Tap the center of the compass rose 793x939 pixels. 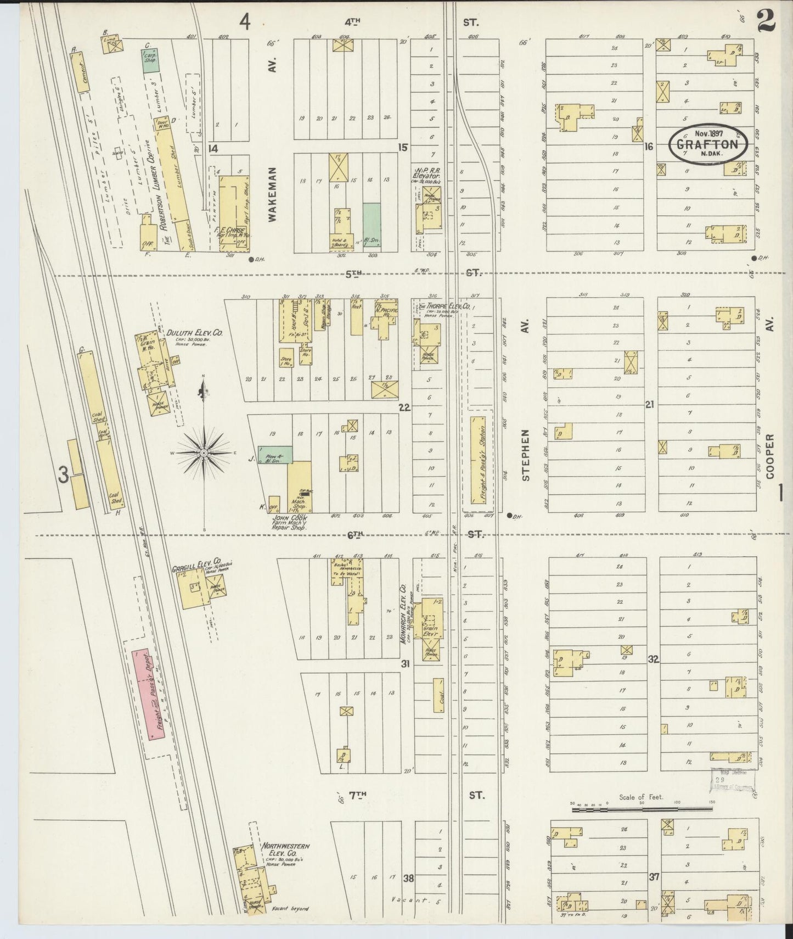(204, 452)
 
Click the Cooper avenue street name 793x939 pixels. (771, 456)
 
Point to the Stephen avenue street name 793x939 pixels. (526, 455)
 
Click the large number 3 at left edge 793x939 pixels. (64, 474)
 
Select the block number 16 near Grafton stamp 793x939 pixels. (649, 147)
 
